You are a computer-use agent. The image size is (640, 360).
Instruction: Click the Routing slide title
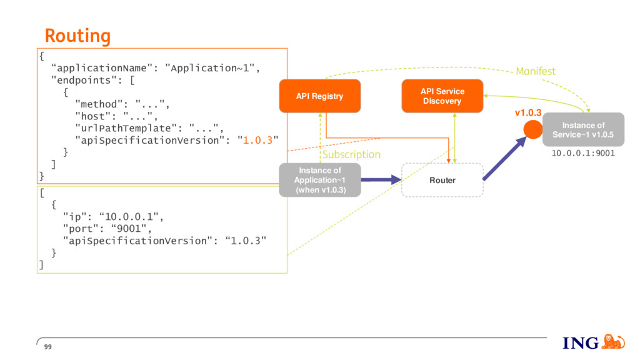(77, 36)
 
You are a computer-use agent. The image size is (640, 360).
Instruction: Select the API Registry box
(320, 96)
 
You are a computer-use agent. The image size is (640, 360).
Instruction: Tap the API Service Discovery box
(442, 96)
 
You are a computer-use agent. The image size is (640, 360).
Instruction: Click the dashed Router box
(442, 180)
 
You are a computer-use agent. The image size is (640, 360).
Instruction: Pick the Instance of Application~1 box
(320, 180)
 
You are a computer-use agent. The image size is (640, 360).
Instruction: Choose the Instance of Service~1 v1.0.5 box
(583, 130)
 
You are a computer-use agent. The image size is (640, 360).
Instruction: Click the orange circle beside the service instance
(532, 130)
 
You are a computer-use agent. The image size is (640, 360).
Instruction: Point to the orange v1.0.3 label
(528, 112)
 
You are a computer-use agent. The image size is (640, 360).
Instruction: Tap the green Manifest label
(536, 71)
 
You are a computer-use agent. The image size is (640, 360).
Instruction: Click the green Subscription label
(351, 155)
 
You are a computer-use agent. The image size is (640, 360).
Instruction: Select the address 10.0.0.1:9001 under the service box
(583, 153)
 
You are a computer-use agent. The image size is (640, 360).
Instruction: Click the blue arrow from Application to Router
(381, 179)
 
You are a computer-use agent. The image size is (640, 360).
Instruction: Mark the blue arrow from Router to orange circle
(505, 158)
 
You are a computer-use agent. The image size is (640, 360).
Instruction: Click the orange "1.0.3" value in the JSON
(257, 141)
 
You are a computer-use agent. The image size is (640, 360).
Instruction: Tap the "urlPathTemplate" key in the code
(126, 129)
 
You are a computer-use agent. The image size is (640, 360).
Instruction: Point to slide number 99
(48, 347)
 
